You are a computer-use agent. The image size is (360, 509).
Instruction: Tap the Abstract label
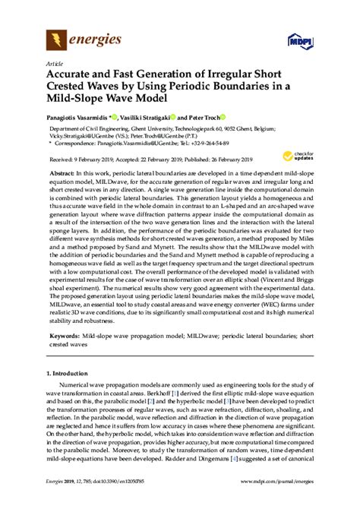coord(63,172)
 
